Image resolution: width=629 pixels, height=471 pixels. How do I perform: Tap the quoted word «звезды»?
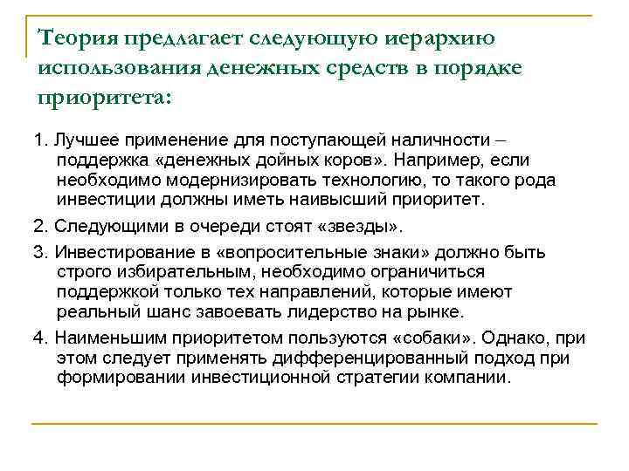[x=361, y=229]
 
